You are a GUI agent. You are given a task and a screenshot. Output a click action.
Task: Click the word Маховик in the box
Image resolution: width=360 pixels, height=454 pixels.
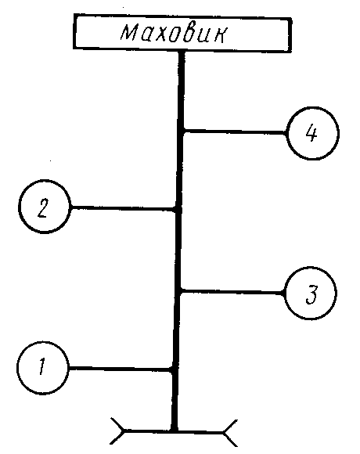[x=175, y=34]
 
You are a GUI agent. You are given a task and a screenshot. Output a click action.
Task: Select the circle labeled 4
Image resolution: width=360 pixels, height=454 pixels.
[x=312, y=133]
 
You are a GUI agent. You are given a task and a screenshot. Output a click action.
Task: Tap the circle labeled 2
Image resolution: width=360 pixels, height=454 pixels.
[x=45, y=207]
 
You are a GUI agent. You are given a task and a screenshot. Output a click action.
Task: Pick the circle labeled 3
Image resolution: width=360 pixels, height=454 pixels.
[x=311, y=293]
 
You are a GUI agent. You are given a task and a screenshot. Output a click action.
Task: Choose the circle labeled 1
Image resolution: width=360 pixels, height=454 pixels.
[x=43, y=368]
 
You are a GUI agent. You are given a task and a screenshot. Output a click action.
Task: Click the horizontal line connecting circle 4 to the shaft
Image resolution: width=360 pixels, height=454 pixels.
[x=235, y=132]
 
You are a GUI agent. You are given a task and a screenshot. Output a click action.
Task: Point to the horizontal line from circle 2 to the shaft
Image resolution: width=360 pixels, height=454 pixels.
[x=124, y=208]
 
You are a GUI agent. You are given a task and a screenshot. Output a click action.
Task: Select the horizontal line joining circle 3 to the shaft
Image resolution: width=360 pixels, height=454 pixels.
[x=232, y=291]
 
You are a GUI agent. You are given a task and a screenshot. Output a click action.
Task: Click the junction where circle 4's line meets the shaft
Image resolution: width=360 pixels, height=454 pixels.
[x=182, y=132]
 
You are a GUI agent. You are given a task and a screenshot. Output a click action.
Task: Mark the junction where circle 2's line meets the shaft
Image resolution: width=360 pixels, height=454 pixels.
[x=178, y=208]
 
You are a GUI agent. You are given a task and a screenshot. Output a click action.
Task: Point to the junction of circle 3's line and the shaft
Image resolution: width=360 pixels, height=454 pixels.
[x=179, y=290]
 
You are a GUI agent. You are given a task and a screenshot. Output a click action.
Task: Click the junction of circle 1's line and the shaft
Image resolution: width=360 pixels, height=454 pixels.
[x=174, y=369]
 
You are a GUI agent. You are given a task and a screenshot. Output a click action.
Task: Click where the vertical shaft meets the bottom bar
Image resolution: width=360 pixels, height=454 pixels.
[x=174, y=431]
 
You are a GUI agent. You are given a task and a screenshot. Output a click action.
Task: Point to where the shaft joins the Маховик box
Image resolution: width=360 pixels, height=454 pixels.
[x=182, y=52]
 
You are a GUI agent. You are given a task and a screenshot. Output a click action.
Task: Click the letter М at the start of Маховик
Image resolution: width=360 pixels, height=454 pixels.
[x=128, y=32]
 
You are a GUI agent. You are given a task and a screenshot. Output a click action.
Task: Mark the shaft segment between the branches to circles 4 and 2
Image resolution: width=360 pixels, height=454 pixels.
[x=180, y=170]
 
